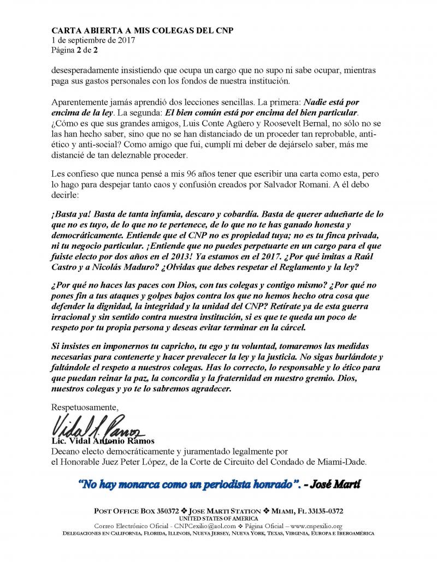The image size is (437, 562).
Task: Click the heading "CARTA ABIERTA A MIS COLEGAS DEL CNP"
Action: [x=141, y=31]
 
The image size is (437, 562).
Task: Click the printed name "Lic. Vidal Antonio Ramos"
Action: [x=103, y=441]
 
